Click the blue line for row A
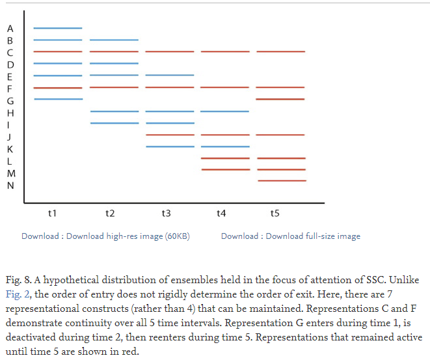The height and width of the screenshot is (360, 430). [58, 28]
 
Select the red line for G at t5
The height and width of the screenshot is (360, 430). [281, 99]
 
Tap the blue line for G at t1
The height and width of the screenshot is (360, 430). [58, 99]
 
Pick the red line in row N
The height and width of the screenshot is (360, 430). [281, 180]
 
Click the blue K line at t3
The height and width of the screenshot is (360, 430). [170, 146]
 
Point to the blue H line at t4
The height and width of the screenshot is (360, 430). [225, 111]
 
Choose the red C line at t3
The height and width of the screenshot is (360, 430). [170, 51]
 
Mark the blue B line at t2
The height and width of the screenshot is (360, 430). [114, 40]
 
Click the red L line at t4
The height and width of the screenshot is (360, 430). [225, 158]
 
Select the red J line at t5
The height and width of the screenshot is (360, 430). [281, 135]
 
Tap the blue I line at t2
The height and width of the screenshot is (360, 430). [114, 123]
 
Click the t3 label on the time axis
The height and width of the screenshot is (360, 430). [166, 213]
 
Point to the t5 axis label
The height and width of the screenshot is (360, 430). [275, 213]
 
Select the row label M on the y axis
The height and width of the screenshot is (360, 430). [10, 173]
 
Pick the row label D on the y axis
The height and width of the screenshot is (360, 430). [10, 64]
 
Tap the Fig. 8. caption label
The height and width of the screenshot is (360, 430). [20, 280]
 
